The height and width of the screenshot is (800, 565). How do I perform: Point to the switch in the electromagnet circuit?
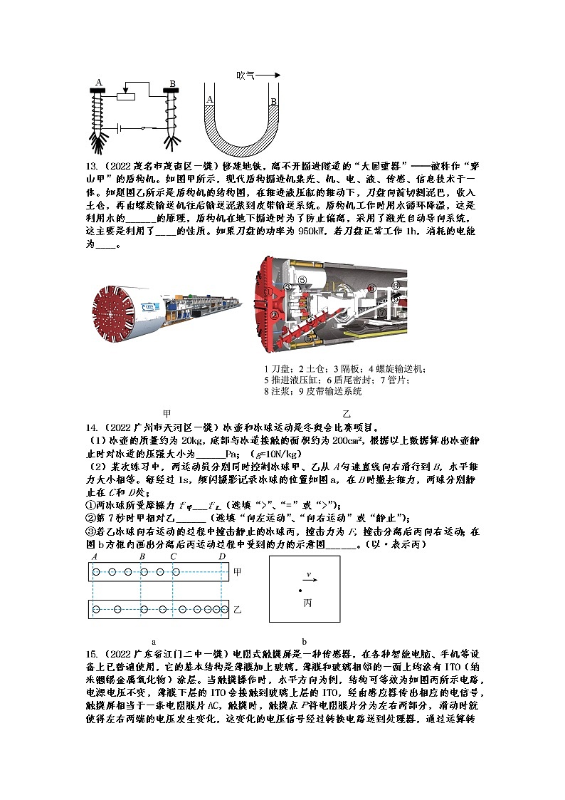[x=146, y=128]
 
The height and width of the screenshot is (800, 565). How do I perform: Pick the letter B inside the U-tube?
[x=273, y=102]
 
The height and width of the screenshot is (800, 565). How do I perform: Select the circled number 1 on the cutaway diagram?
[x=268, y=291]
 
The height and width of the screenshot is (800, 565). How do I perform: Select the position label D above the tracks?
[x=222, y=556]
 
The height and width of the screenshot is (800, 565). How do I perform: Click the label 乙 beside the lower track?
[x=238, y=610]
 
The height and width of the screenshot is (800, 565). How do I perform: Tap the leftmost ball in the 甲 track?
[x=98, y=571]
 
